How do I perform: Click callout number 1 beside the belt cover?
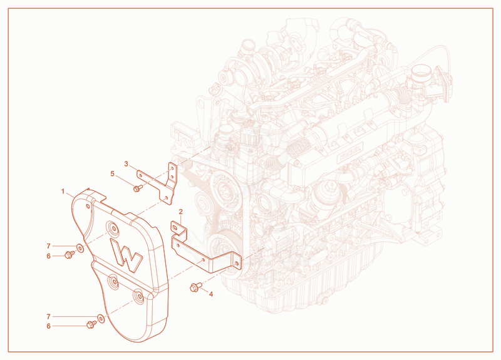tap(63, 192)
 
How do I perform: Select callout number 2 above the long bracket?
tap(181, 212)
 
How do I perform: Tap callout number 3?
tap(127, 164)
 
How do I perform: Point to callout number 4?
tap(211, 294)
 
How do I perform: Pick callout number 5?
tap(112, 174)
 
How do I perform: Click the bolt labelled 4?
tap(195, 287)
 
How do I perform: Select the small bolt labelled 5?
tap(138, 188)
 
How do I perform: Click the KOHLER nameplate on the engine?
tap(350, 153)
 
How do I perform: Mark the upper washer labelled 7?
tap(80, 247)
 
